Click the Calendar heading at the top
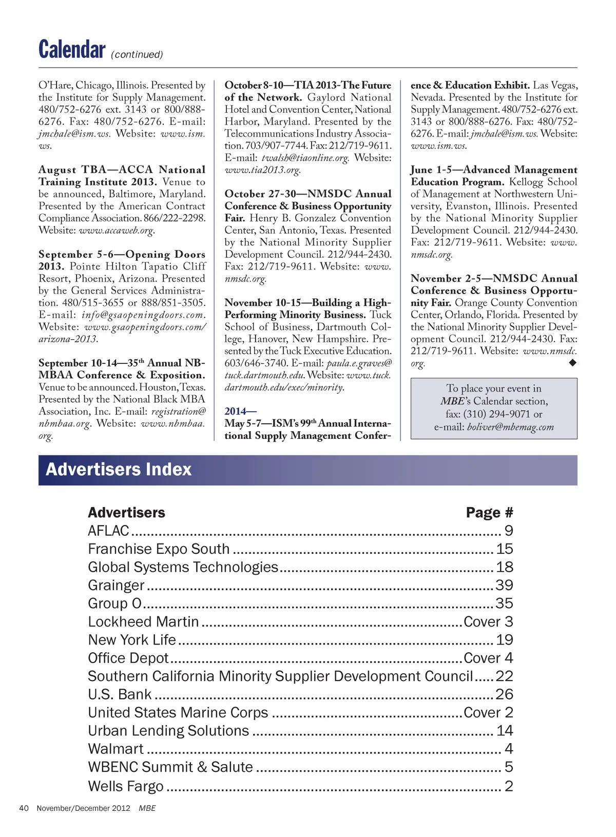(x=72, y=50)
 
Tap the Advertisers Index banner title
(x=119, y=470)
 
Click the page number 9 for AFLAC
(x=509, y=531)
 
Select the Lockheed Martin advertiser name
(x=143, y=621)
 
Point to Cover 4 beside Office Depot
(x=488, y=658)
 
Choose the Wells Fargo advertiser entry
(x=126, y=786)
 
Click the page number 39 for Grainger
(x=504, y=585)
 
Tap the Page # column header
(x=489, y=512)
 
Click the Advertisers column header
(x=127, y=512)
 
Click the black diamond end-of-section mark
(x=573, y=363)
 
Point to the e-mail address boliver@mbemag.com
(x=510, y=427)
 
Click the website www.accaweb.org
(x=117, y=230)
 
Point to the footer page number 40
(x=24, y=808)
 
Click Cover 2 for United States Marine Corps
(x=488, y=712)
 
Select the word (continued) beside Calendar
(x=137, y=54)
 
